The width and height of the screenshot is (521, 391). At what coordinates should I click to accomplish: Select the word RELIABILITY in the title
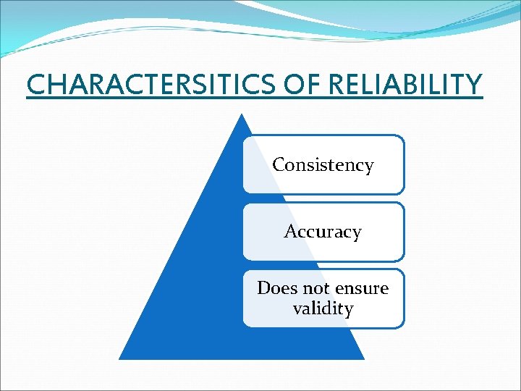tap(404, 85)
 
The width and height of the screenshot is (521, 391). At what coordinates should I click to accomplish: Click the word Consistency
tap(323, 165)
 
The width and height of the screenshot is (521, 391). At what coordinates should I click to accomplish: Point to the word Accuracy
tap(323, 232)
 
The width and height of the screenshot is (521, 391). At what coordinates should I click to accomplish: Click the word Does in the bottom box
tap(274, 288)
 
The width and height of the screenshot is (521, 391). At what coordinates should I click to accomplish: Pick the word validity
tap(323, 309)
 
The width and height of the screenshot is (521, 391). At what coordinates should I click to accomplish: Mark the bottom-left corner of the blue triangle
tap(120, 358)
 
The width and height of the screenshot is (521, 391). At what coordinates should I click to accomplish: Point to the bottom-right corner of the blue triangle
tap(363, 358)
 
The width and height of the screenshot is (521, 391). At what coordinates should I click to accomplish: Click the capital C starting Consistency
tap(279, 165)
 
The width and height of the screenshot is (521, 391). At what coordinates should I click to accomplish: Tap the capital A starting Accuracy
tap(291, 232)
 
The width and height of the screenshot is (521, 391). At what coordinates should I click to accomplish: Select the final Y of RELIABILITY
tap(473, 85)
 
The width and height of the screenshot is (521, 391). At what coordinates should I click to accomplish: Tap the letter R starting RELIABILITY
tap(337, 85)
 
